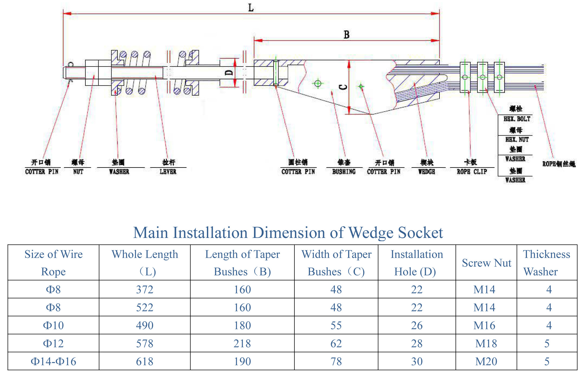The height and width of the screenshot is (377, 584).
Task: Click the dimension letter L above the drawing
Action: tap(251, 8)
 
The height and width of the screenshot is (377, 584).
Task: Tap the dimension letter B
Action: tap(346, 35)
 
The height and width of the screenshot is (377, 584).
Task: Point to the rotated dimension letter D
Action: tap(229, 72)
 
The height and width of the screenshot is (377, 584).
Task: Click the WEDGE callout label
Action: tap(427, 171)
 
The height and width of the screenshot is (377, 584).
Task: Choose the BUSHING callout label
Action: tap(344, 171)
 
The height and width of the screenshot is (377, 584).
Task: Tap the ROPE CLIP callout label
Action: tap(472, 171)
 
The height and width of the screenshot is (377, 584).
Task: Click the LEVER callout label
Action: tap(168, 171)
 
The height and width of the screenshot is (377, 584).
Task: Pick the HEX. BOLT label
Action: tap(517, 119)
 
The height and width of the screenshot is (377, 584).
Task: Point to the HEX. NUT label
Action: tap(517, 139)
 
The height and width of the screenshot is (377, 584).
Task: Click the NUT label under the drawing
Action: tap(78, 171)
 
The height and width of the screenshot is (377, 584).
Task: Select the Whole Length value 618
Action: tap(145, 361)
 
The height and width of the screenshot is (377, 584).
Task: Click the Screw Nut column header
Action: tap(486, 263)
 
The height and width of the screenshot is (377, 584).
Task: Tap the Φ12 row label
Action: tap(53, 344)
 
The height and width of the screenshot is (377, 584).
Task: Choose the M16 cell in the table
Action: tap(484, 326)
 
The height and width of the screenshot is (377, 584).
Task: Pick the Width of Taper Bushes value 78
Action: tap(336, 361)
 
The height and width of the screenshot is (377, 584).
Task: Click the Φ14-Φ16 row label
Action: tap(53, 361)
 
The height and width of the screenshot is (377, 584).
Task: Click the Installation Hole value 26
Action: tap(417, 326)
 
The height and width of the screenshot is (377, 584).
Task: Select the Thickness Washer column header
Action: tap(547, 263)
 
